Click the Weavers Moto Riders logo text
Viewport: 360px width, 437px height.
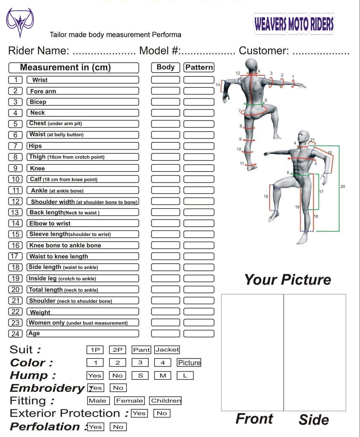[x=294, y=24]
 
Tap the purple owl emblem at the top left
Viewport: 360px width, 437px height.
[x=20, y=22]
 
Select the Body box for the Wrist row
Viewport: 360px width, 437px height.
[x=165, y=80]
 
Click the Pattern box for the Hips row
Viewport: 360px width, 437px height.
[x=199, y=146]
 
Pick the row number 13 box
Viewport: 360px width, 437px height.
[x=15, y=212]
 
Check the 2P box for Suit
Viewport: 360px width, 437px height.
[x=117, y=350]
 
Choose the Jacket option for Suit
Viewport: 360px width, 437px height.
[x=167, y=349]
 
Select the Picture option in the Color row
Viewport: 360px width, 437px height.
[x=189, y=363]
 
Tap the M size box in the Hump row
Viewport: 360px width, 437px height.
[x=163, y=375]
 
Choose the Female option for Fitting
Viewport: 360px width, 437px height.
[x=129, y=401]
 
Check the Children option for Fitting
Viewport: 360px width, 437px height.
[x=166, y=401]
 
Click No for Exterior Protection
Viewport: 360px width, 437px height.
[x=162, y=413]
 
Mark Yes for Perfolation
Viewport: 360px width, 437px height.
[x=95, y=427]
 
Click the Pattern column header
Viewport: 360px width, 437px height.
[x=199, y=67]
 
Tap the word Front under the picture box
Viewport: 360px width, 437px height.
[x=254, y=419]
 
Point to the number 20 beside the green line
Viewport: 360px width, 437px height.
[x=343, y=186]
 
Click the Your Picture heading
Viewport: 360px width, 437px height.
[x=287, y=279]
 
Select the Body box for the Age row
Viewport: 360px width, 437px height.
[x=165, y=333]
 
